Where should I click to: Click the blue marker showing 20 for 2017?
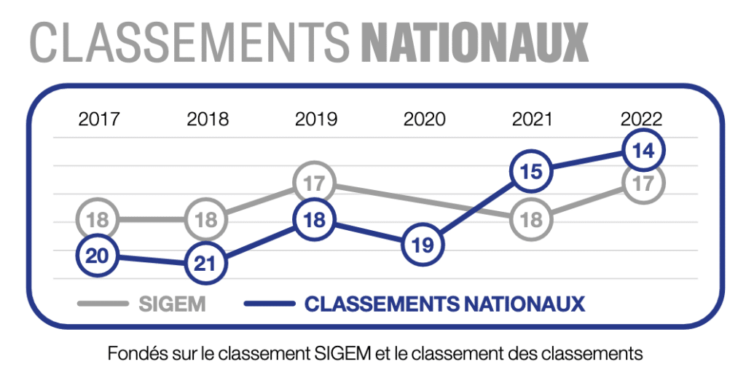98,256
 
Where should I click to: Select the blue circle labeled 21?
206,263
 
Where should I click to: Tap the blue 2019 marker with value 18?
315,220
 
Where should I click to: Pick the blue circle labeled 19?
423,245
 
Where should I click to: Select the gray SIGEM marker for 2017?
98,218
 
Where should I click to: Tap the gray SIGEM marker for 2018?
206,218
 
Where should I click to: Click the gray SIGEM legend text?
172,304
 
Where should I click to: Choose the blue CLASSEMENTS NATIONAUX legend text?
444,304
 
